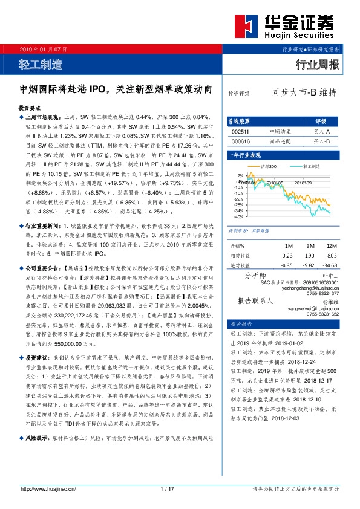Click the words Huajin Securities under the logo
click(x=300, y=37)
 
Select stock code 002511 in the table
click(x=240, y=131)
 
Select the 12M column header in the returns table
click(x=330, y=246)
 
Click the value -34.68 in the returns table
click(x=330, y=265)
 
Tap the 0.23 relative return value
click(x=287, y=256)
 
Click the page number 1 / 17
click(x=168, y=488)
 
